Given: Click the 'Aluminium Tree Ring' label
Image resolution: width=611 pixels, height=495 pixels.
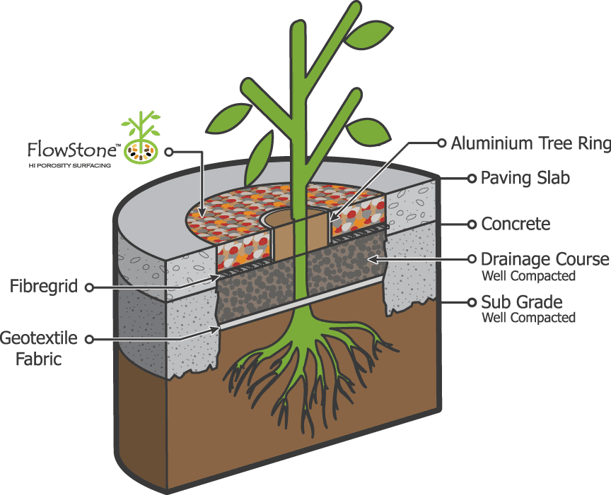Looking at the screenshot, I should [530, 144].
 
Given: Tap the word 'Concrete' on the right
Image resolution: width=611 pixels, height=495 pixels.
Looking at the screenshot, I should [516, 224].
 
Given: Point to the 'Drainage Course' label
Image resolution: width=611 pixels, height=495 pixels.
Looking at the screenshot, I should [545, 259].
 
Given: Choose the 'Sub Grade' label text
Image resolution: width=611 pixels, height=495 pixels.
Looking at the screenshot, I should [518, 302].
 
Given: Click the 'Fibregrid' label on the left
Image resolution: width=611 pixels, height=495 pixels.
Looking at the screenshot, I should [44, 287].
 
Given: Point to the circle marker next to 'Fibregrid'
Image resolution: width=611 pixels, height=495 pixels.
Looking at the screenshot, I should [90, 287].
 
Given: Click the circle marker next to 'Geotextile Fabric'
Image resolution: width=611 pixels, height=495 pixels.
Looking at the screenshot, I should [90, 339].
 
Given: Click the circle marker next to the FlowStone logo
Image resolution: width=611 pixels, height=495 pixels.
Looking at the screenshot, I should [169, 150].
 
